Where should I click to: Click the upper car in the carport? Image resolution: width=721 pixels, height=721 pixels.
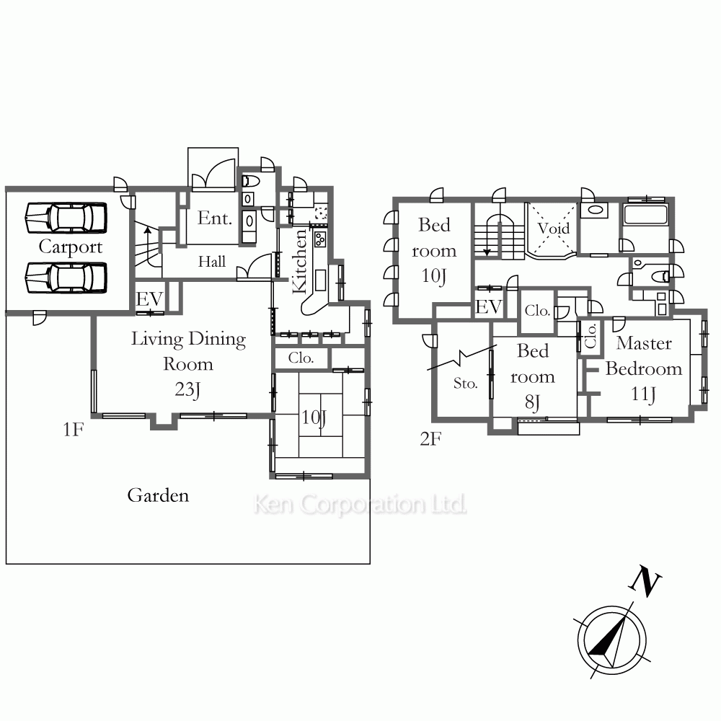tap(66, 218)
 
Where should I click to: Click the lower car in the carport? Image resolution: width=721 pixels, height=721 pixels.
tap(66, 278)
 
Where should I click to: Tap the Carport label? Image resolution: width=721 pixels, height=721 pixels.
tap(71, 247)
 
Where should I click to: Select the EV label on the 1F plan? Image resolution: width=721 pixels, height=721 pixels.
tap(149, 299)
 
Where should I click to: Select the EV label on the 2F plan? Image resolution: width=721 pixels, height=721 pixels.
tap(488, 306)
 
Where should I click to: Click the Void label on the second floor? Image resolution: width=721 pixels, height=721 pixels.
tap(553, 228)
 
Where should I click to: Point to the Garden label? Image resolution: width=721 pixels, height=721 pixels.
tap(158, 495)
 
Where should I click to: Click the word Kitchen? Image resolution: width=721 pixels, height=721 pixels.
tap(299, 261)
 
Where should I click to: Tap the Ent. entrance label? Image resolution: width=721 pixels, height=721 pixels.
tap(215, 218)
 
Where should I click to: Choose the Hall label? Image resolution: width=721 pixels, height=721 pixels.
tap(212, 262)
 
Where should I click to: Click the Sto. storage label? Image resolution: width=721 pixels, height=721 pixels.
tap(465, 383)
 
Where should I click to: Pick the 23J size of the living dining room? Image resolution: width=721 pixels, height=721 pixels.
tap(187, 389)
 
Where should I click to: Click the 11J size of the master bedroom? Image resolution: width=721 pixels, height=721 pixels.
tap(643, 394)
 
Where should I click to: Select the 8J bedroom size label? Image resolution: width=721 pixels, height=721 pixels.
tap(532, 402)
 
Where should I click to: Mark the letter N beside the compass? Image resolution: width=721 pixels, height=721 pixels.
tap(644, 582)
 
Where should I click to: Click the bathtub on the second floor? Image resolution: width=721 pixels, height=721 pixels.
tap(645, 215)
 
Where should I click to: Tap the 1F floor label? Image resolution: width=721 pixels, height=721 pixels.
tap(73, 430)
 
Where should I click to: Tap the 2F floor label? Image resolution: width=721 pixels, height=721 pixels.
tap(430, 439)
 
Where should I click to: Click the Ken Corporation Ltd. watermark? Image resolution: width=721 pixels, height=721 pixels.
tap(360, 505)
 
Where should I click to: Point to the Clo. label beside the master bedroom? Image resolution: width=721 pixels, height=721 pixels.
tap(590, 336)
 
